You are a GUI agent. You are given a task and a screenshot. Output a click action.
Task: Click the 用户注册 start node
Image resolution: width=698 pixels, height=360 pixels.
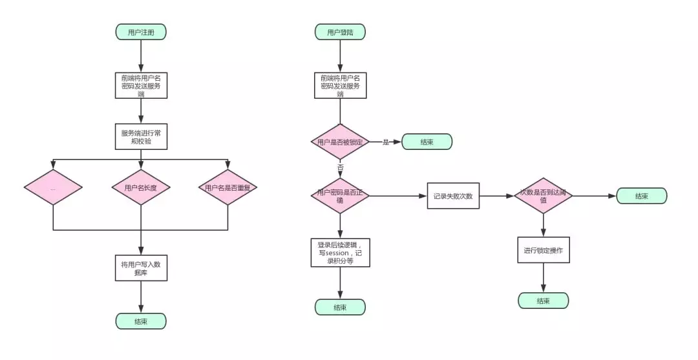(141, 32)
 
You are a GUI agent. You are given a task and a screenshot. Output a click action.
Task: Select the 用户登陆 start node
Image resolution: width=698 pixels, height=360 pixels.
(340, 32)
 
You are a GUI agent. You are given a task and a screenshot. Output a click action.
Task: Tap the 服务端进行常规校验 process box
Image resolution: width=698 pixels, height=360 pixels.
(141, 136)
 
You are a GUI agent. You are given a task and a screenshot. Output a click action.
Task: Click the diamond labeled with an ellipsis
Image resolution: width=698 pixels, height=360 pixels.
(53, 187)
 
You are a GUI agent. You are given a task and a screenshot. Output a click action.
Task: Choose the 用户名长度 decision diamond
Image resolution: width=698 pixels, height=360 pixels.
(141, 187)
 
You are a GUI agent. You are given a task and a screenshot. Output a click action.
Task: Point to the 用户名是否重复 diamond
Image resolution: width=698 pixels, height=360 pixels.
(228, 187)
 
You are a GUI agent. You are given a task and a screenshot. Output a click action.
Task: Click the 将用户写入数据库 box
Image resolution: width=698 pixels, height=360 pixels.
(141, 268)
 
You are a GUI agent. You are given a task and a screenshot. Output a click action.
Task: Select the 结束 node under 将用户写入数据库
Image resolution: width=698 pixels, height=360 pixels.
(141, 321)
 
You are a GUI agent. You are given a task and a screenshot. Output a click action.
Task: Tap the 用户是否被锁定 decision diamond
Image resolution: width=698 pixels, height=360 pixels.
(340, 142)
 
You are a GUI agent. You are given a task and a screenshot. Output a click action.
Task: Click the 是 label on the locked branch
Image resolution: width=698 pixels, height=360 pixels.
(386, 142)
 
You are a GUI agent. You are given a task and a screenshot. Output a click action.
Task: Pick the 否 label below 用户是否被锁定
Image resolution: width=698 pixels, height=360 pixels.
(340, 167)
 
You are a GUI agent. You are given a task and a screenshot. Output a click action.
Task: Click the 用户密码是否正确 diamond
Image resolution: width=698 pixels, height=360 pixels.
(340, 196)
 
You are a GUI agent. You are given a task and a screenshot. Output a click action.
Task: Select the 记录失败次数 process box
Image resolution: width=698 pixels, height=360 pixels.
(453, 196)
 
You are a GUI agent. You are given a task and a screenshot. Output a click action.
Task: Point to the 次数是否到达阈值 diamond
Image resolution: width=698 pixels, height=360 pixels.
(543, 196)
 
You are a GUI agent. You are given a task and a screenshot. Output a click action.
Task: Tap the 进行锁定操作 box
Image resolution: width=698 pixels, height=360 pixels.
(543, 249)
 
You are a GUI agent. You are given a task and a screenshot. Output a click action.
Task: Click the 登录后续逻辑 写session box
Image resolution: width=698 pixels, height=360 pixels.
(340, 253)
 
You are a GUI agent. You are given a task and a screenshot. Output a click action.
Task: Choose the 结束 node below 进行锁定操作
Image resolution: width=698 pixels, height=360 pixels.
(543, 301)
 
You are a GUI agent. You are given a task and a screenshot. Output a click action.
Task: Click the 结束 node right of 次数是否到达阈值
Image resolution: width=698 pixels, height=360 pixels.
(641, 196)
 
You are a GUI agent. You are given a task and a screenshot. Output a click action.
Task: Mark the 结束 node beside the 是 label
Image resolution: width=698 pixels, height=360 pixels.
(427, 142)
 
